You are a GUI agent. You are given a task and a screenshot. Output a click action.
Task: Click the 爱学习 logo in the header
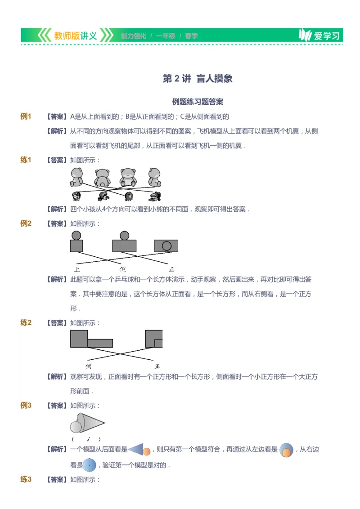320,36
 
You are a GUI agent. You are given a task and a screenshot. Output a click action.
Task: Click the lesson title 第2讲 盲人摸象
198,79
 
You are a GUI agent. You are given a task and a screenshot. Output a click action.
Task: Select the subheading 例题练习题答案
198,102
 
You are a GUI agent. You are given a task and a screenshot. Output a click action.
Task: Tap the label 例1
26,116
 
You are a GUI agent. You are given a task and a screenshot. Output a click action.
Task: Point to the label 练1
26,160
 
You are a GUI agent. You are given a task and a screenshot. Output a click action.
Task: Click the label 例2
26,223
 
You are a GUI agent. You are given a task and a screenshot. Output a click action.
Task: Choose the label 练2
26,322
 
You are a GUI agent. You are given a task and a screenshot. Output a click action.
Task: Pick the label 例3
26,405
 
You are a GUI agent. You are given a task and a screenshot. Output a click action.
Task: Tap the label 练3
26,479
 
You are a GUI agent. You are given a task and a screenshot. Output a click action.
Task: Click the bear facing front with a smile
128,177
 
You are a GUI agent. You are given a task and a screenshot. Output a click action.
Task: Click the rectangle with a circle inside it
166,246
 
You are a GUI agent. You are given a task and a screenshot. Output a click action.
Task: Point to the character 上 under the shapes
77,269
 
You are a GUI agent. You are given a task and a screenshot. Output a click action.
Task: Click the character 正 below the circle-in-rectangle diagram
171,269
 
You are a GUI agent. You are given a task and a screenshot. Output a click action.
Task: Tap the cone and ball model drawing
87,423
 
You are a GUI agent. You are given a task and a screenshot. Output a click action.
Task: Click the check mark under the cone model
88,439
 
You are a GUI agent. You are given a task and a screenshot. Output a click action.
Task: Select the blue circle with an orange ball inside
286,450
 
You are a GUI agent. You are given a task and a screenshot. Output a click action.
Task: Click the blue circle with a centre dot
90,465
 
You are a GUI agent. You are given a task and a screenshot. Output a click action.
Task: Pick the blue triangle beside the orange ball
136,449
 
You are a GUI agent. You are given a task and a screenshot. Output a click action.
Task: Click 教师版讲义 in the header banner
75,36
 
